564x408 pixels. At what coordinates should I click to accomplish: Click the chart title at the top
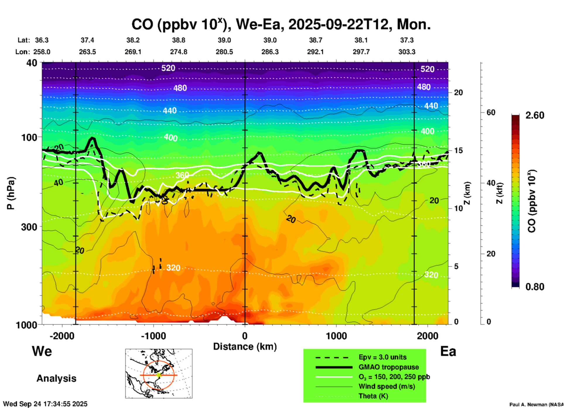click(281, 25)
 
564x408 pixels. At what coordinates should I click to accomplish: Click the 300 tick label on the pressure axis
click(29, 227)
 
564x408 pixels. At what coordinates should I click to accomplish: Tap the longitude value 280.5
click(224, 52)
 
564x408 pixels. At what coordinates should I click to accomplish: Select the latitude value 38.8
click(179, 40)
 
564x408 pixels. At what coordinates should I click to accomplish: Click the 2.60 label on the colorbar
click(535, 115)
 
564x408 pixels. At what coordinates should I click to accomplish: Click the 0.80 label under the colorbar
click(535, 287)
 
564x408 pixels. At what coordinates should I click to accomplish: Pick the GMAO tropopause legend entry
click(388, 367)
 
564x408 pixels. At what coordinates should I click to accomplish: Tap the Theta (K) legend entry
click(373, 396)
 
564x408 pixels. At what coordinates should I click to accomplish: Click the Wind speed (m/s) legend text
click(387, 386)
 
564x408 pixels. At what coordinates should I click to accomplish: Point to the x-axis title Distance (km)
click(245, 347)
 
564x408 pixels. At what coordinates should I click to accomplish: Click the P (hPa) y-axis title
click(11, 193)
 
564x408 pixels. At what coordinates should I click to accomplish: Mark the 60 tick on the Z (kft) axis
click(491, 112)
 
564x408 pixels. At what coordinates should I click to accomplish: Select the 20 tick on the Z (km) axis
click(458, 92)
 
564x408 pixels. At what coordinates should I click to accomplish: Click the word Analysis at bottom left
click(56, 378)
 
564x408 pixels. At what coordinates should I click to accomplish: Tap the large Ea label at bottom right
click(448, 352)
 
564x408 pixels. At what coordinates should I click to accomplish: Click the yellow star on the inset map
click(159, 375)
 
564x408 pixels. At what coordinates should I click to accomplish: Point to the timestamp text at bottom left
click(45, 404)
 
